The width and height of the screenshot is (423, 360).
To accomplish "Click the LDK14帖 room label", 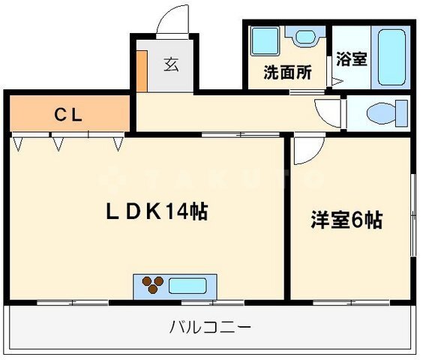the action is point(157,211).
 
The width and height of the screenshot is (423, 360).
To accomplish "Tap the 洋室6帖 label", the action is point(346,220).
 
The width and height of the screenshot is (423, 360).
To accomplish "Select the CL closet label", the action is point(68,115).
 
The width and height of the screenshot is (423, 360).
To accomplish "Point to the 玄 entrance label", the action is point(171,64).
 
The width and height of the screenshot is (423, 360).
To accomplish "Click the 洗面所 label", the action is point(287,72).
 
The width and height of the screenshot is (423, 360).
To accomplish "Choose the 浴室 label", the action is point(352,58).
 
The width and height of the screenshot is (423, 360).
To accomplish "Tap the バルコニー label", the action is point(210,327).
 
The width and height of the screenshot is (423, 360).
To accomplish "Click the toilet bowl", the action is point(387,113).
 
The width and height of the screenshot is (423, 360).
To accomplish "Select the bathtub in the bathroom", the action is point(391,58).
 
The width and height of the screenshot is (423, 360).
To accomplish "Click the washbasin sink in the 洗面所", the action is point(305,37).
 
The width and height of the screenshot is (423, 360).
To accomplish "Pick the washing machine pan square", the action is point(265,41).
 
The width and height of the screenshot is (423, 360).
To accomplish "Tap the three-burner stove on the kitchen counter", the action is point(153,285).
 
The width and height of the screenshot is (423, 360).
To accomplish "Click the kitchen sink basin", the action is point(187,286).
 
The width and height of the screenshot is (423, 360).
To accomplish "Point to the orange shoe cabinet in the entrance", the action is point(142,71).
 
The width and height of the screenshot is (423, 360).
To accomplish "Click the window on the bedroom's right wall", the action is point(413,215).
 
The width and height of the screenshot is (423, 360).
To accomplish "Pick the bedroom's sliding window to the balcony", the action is point(351,302).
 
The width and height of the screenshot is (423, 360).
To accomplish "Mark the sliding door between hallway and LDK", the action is point(241,134).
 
